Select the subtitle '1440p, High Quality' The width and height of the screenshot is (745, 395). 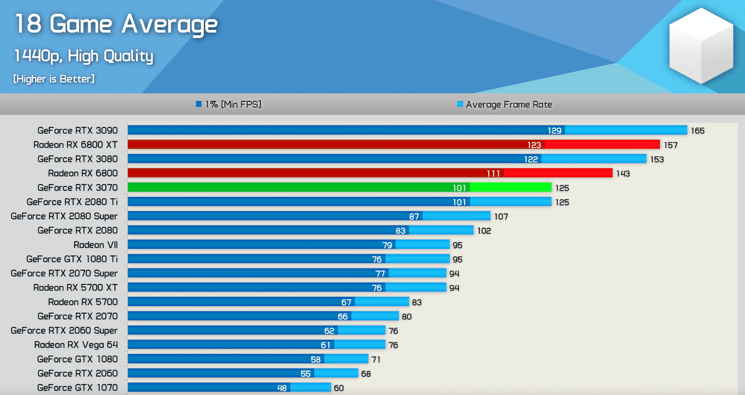tap(84, 56)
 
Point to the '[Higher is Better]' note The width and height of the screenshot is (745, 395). tap(54, 79)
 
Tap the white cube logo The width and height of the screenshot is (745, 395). tap(701, 45)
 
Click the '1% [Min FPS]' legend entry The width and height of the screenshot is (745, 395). tap(228, 104)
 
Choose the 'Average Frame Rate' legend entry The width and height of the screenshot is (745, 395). tap(505, 104)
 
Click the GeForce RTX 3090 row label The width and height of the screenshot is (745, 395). tap(78, 130)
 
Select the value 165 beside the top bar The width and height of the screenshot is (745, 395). tap(697, 131)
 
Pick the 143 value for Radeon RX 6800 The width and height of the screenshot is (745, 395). tap(623, 174)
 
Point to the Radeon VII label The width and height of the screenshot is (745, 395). tap(96, 245)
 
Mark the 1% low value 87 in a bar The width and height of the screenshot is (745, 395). tap(414, 216)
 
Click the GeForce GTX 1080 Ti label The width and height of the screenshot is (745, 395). tap(72, 259)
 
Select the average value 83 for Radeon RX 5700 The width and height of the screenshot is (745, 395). tap(417, 302)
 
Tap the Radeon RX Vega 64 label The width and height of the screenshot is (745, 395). tap(76, 345)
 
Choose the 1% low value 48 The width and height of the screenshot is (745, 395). tap(282, 388)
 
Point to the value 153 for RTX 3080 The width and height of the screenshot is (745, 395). tap(657, 159)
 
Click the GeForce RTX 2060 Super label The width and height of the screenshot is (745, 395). tap(64, 331)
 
